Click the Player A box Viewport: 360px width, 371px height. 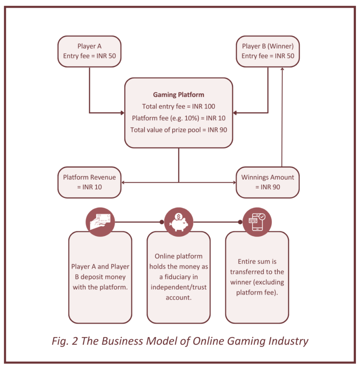coord(89,51)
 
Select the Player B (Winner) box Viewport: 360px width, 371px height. coord(268,51)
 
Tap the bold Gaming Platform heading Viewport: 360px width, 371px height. coord(178,95)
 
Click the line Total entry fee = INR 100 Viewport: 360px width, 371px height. coord(178,107)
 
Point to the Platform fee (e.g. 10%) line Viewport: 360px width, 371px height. coord(178,118)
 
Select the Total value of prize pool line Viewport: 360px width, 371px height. coord(178,130)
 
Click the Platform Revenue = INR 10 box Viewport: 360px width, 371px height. coord(89,182)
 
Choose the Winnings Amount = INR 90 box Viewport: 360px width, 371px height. coord(268,182)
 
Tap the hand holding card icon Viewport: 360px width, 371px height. coord(100,222)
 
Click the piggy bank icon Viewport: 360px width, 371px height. coord(178,222)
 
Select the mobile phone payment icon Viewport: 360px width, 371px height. coord(257,222)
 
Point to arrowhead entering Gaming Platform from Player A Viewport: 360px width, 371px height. coord(122,113)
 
